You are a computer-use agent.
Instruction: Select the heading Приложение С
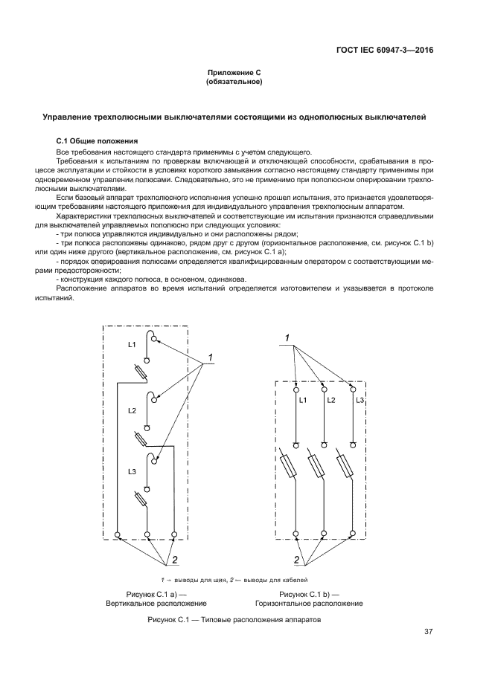pyautogui.click(x=234, y=72)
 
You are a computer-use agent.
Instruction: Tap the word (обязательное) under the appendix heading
pyautogui.click(x=234, y=82)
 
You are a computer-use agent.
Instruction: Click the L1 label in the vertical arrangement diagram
pyautogui.click(x=131, y=345)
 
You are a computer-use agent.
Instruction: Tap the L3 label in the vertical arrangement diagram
pyautogui.click(x=131, y=471)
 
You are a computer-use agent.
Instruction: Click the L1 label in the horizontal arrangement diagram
pyautogui.click(x=303, y=401)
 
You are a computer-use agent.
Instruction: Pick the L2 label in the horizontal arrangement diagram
pyautogui.click(x=331, y=401)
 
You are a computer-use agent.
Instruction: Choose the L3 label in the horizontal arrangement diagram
pyautogui.click(x=360, y=401)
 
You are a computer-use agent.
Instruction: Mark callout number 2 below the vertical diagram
pyautogui.click(x=176, y=559)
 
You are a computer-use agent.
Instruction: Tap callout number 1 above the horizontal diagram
pyautogui.click(x=287, y=340)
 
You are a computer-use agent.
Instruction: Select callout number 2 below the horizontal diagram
pyautogui.click(x=296, y=559)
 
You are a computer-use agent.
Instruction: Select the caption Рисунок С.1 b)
pyautogui.click(x=308, y=594)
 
